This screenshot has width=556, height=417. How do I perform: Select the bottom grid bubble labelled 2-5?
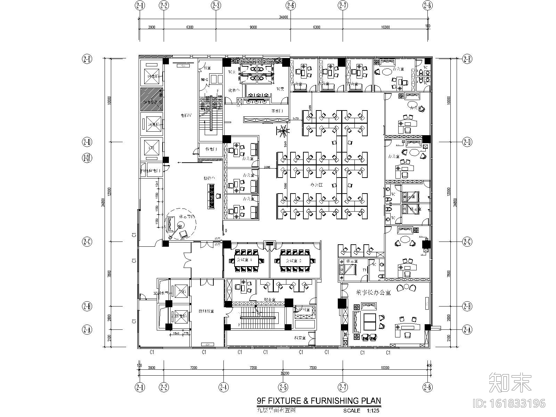pyautogui.click(x=283, y=387)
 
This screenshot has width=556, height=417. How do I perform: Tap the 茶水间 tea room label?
pyautogui.click(x=277, y=111)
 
